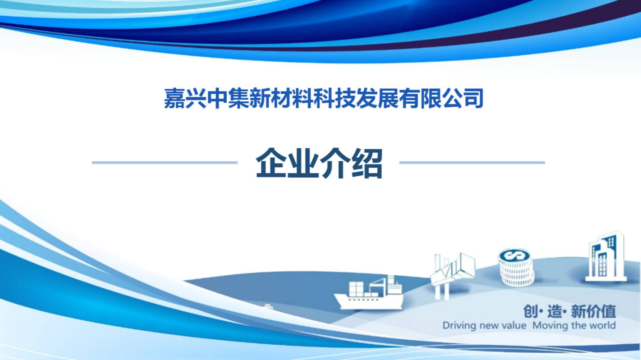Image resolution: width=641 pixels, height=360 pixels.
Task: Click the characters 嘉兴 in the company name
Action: coord(185,98)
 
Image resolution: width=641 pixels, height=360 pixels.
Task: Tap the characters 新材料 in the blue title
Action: coord(281,98)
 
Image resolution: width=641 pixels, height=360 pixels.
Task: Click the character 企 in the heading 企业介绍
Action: coord(271,163)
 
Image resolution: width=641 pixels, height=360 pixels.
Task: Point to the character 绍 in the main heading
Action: coord(367,163)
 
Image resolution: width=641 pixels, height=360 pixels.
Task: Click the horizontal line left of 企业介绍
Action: coord(165,162)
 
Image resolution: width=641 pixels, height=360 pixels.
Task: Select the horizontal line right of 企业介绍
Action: coord(472,162)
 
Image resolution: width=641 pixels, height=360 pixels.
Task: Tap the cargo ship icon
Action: coord(369,292)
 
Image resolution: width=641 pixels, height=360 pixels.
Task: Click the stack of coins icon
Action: coord(516,267)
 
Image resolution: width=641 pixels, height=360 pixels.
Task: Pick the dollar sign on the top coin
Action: coord(515,255)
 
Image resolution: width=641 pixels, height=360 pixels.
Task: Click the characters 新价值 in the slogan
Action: coord(593,311)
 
